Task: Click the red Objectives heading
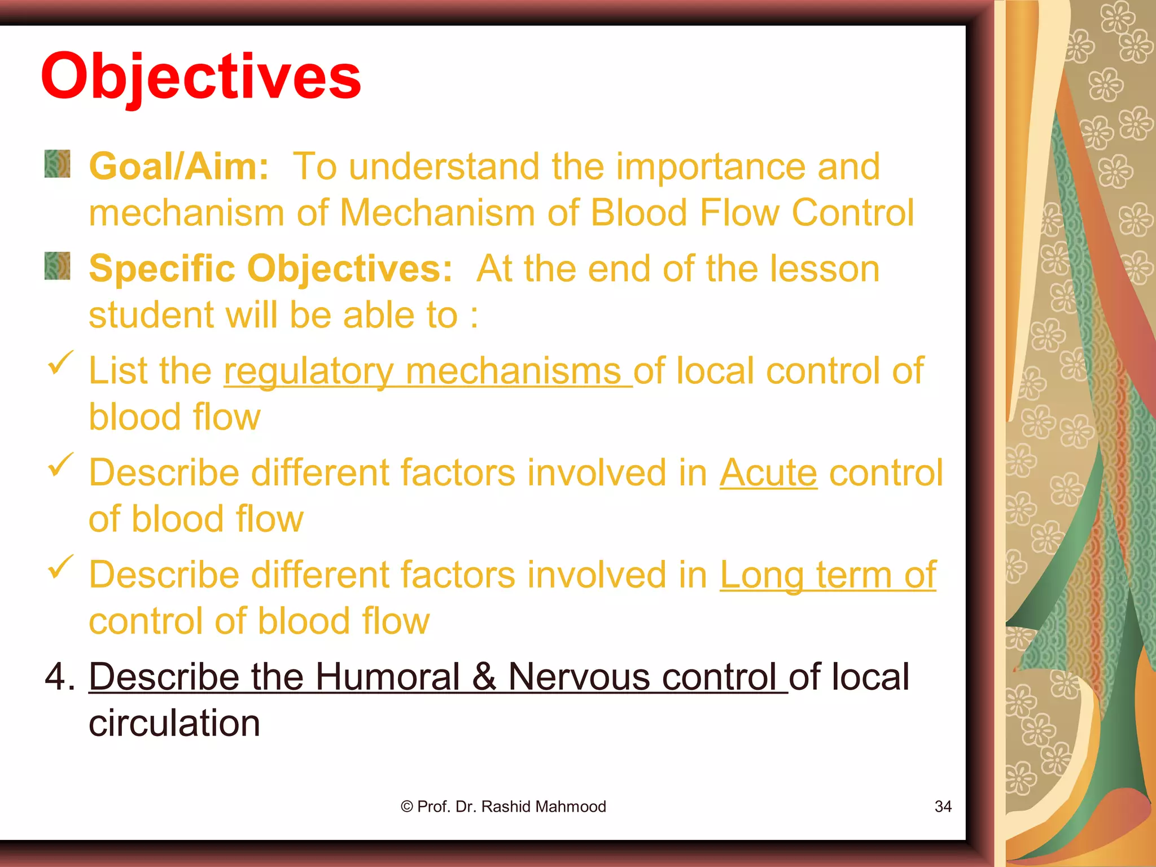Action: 201,76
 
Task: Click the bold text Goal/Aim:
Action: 179,167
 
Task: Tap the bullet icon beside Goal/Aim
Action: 57,164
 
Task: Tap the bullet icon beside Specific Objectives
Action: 57,266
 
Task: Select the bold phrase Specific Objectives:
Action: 270,269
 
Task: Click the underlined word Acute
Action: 768,472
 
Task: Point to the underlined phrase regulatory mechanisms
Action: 427,371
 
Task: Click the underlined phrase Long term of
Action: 827,575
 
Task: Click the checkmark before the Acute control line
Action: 60,464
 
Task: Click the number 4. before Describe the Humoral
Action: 59,677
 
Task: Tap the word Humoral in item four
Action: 387,677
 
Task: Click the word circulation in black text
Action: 174,723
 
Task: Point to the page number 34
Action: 943,807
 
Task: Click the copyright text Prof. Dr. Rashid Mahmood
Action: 503,807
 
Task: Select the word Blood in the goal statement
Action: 639,213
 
